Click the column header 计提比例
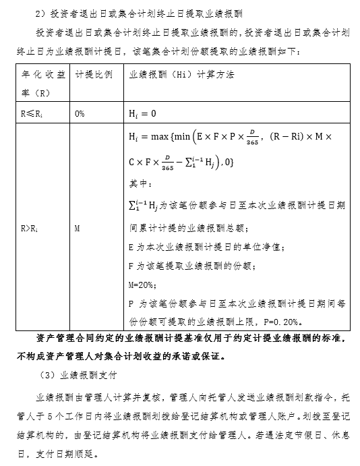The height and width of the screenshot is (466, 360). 94,74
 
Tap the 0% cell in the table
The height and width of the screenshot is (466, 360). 80,113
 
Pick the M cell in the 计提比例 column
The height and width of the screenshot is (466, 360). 78,229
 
